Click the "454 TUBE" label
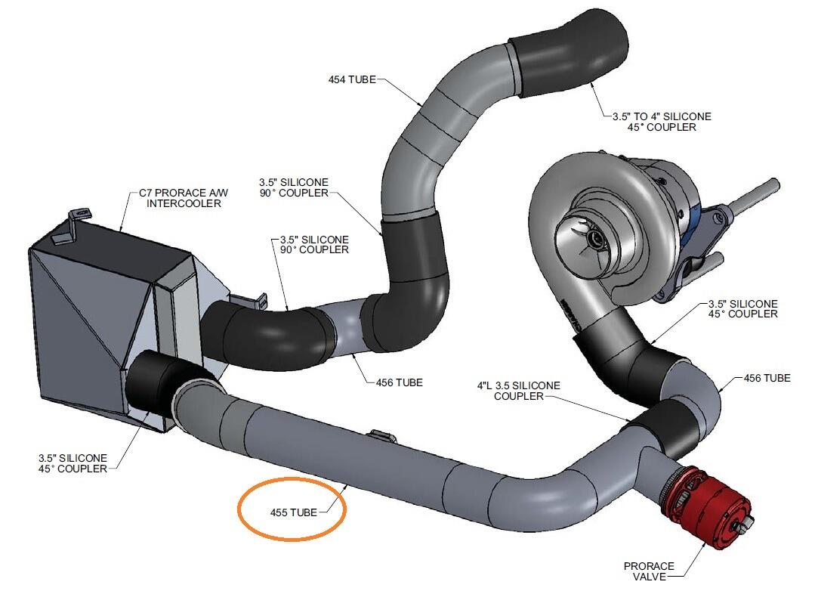point(352,79)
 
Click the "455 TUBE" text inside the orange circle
point(293,512)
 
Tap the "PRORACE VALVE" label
point(649,571)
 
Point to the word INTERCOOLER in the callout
point(184,203)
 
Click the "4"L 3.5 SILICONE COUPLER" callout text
point(519,391)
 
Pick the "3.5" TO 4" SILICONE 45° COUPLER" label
point(662,122)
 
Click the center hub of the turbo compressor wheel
point(594,238)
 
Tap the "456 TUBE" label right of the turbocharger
point(767,377)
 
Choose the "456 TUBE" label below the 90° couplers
point(399,382)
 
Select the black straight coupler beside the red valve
point(668,427)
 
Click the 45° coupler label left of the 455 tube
point(73,463)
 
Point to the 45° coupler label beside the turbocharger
point(742,308)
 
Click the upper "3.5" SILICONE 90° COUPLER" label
point(294,187)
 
